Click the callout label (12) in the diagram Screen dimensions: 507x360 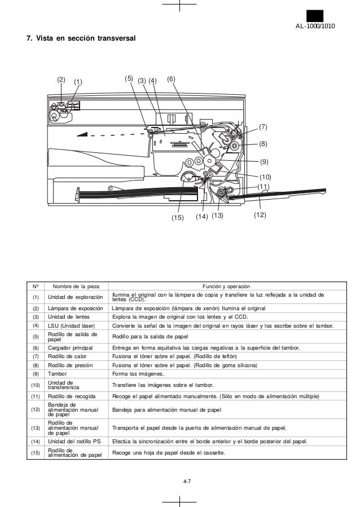point(260,215)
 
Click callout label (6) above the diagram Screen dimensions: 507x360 point(172,79)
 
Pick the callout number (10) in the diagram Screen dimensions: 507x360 point(265,177)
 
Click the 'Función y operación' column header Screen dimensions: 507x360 point(226,286)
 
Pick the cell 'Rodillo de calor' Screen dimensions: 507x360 point(68,356)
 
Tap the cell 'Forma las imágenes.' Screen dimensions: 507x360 point(138,373)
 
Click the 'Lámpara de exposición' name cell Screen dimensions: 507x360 point(74,308)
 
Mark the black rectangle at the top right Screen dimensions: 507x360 point(315,15)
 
